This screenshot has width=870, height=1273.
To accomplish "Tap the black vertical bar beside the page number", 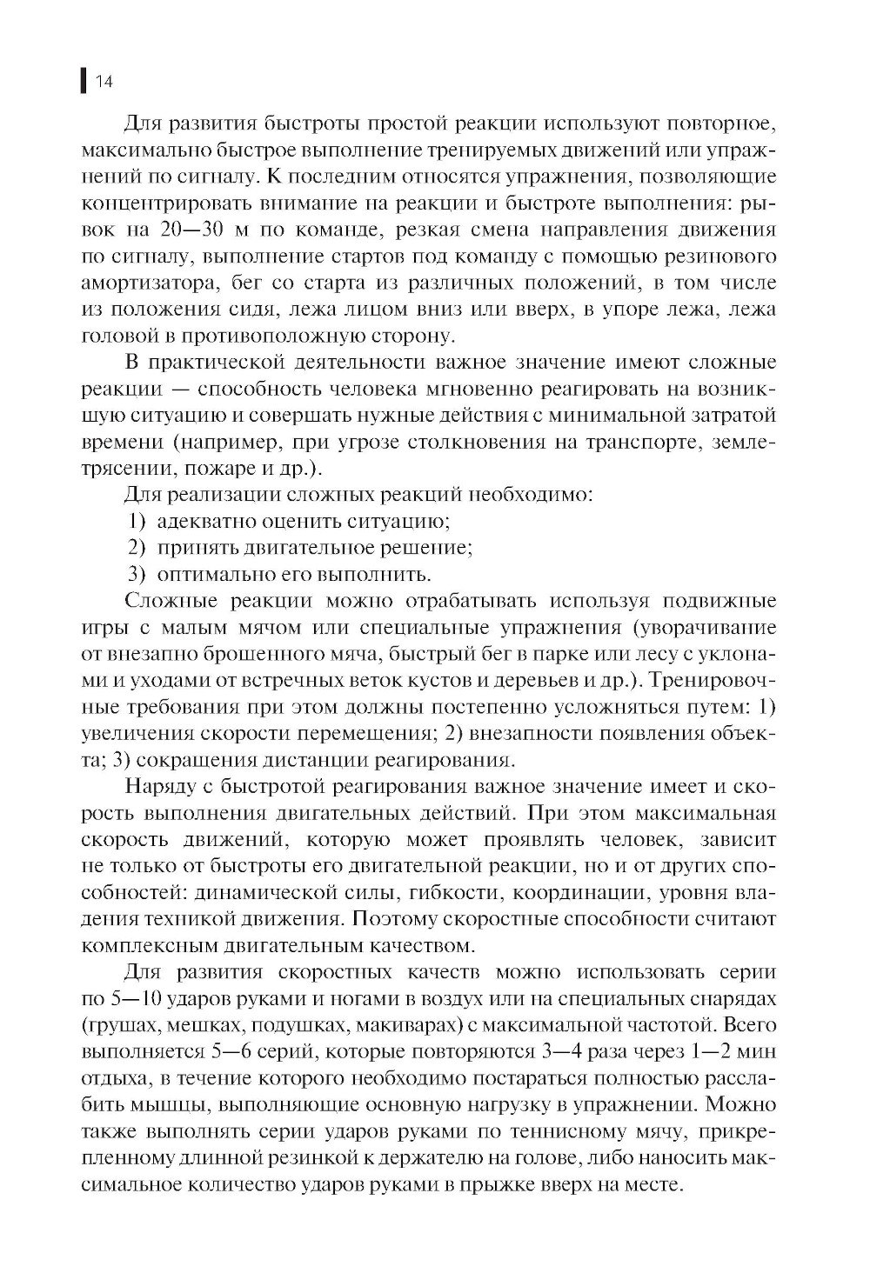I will coord(83,81).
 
